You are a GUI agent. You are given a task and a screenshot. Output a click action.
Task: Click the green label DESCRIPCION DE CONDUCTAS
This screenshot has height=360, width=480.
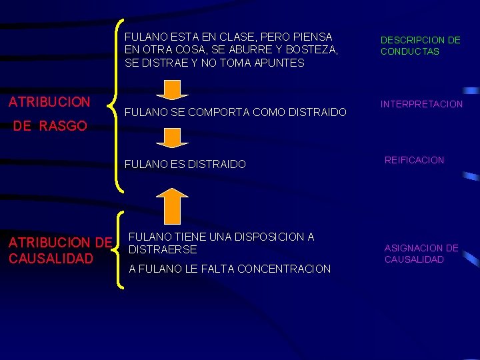pos(420,45)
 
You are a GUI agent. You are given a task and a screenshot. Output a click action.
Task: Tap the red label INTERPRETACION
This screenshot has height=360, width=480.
pos(421,104)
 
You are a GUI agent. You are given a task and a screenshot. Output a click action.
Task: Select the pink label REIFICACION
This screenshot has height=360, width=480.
pos(414,160)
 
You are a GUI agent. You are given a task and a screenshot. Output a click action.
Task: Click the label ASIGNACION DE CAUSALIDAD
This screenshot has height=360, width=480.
pos(421,253)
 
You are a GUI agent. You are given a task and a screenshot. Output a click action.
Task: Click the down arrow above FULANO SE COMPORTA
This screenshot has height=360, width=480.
pos(173,89)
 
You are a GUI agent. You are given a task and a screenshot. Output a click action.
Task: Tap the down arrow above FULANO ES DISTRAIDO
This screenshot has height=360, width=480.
pos(173,137)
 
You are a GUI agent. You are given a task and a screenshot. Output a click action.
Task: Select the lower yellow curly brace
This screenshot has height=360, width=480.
pos(119,250)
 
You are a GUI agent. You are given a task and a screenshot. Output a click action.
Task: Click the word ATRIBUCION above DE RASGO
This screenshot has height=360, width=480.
pos(49,102)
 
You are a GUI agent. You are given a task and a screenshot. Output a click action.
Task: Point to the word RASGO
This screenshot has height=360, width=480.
pos(63,125)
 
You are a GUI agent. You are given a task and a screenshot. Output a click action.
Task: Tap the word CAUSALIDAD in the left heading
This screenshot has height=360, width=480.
pos(51,258)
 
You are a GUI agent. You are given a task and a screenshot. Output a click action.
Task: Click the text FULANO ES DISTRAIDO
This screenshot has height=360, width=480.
pos(185,164)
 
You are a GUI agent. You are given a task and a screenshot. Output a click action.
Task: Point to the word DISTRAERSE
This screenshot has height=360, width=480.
pos(162,249)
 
